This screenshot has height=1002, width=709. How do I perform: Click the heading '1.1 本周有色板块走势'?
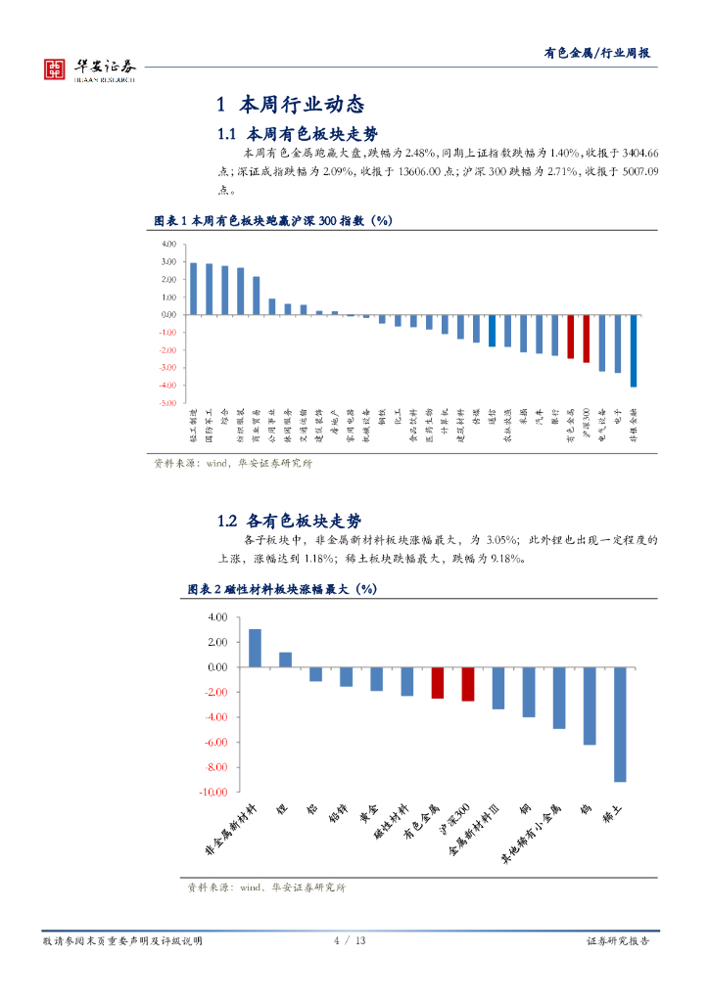pos(297,133)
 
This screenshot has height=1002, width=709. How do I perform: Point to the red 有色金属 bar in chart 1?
pos(571,337)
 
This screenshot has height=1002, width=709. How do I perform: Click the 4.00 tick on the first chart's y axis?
pos(168,244)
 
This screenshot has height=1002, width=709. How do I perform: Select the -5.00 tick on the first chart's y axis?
pos(167,403)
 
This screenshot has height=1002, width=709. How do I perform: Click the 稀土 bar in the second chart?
pos(620,724)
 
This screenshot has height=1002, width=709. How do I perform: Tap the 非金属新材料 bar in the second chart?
pos(255,648)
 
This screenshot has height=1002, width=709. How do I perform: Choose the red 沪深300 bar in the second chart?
pos(467,684)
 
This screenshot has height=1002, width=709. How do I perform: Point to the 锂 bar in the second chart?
pos(285,660)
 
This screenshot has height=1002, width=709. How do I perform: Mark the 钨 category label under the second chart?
pos(586,809)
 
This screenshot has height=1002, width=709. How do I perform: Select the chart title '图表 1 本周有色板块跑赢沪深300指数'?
pos(274,220)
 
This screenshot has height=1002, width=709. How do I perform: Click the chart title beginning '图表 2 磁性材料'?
pos(282,589)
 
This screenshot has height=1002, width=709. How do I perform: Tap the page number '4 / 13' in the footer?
pos(350,940)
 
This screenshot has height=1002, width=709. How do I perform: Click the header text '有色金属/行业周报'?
pos(597,54)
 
